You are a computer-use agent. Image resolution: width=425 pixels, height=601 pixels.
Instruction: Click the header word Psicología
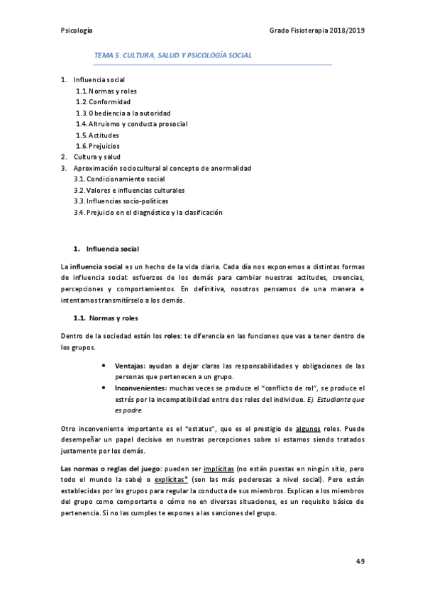(77, 30)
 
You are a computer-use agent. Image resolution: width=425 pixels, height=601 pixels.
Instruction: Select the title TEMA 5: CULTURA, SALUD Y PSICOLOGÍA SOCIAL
(173, 55)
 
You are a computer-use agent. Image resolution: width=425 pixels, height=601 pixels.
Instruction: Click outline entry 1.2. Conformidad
(103, 102)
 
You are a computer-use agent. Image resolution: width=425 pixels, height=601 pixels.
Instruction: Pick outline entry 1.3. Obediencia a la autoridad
(123, 113)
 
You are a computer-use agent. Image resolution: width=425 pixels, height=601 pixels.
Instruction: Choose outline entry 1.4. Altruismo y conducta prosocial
(131, 124)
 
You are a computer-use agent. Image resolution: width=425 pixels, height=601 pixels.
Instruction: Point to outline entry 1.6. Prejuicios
(99, 146)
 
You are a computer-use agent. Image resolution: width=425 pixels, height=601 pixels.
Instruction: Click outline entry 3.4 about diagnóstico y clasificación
(148, 212)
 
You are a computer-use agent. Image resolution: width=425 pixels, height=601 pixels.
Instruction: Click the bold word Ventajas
(129, 366)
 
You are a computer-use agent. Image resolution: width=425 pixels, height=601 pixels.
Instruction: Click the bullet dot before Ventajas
(105, 366)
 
